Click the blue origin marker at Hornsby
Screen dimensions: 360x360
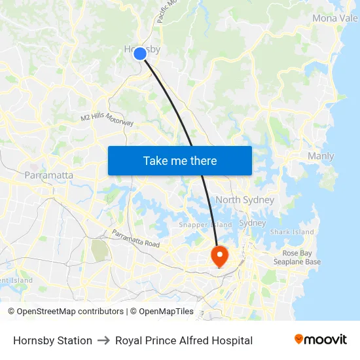click(x=139, y=54)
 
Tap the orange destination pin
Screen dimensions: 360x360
click(x=219, y=255)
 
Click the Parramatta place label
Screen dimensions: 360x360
click(x=49, y=175)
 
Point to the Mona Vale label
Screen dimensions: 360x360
click(x=334, y=18)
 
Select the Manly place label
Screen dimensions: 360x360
click(x=321, y=156)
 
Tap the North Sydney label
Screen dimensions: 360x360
click(x=244, y=200)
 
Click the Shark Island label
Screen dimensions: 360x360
click(x=292, y=232)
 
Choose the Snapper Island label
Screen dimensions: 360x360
click(x=206, y=225)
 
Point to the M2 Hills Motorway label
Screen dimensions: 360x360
click(x=107, y=120)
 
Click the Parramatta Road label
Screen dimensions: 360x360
click(x=135, y=239)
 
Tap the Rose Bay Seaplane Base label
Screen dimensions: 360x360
click(x=301, y=257)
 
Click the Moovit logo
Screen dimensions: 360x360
click(x=320, y=340)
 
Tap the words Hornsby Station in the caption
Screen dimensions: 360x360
click(x=52, y=340)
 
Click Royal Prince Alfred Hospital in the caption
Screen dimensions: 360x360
click(x=184, y=340)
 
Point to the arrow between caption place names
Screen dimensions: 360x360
click(x=103, y=340)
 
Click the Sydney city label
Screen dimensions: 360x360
click(x=252, y=223)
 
